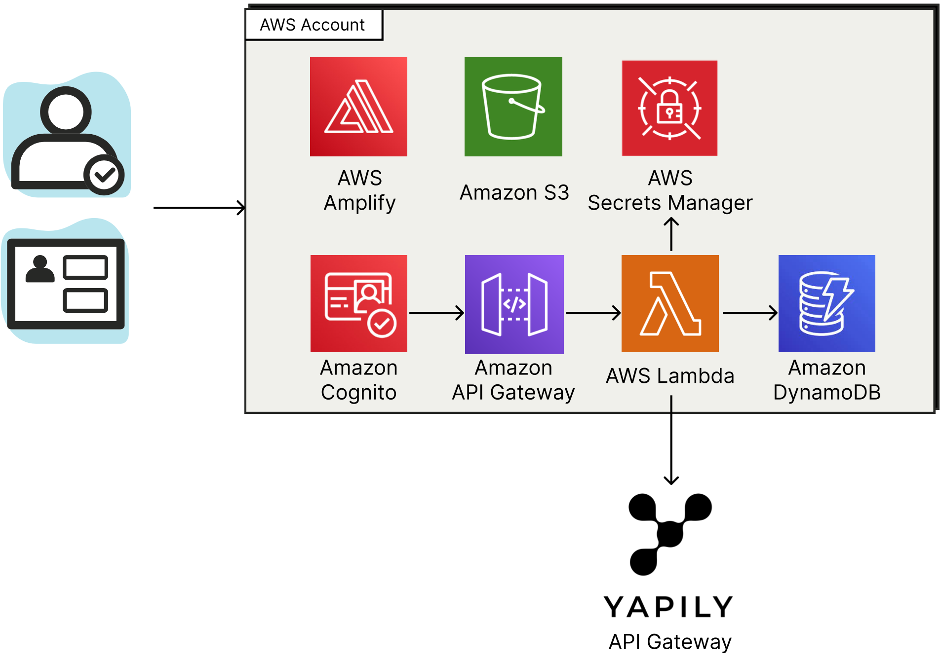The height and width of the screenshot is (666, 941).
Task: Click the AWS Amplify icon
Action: coord(358,107)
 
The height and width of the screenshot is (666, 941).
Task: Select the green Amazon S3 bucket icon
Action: coord(513,107)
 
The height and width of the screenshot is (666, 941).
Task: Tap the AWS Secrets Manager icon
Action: coord(669,108)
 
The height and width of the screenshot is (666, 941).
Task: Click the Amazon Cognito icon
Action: coord(358,303)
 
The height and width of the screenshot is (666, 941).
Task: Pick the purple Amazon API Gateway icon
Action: coord(514,304)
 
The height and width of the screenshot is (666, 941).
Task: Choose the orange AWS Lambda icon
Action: coord(670,303)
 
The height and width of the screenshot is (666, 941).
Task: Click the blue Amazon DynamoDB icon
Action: coord(826,303)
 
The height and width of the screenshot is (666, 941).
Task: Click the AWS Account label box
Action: coord(314,25)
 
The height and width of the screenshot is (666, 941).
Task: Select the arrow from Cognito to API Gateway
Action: coord(436,312)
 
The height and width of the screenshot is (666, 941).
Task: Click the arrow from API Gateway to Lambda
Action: coord(592,312)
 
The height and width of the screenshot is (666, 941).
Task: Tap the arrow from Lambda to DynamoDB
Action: coord(749,312)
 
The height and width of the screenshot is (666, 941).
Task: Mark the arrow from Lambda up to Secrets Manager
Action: coord(671,235)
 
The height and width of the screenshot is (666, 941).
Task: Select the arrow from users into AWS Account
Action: coord(199,208)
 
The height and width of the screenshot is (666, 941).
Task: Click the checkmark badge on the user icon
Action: coord(104,175)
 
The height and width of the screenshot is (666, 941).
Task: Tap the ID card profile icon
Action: coord(66,284)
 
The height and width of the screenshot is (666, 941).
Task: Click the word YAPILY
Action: coord(668,607)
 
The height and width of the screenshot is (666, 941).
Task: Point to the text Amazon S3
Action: coord(514,192)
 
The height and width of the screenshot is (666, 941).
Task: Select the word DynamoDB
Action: coord(826,393)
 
